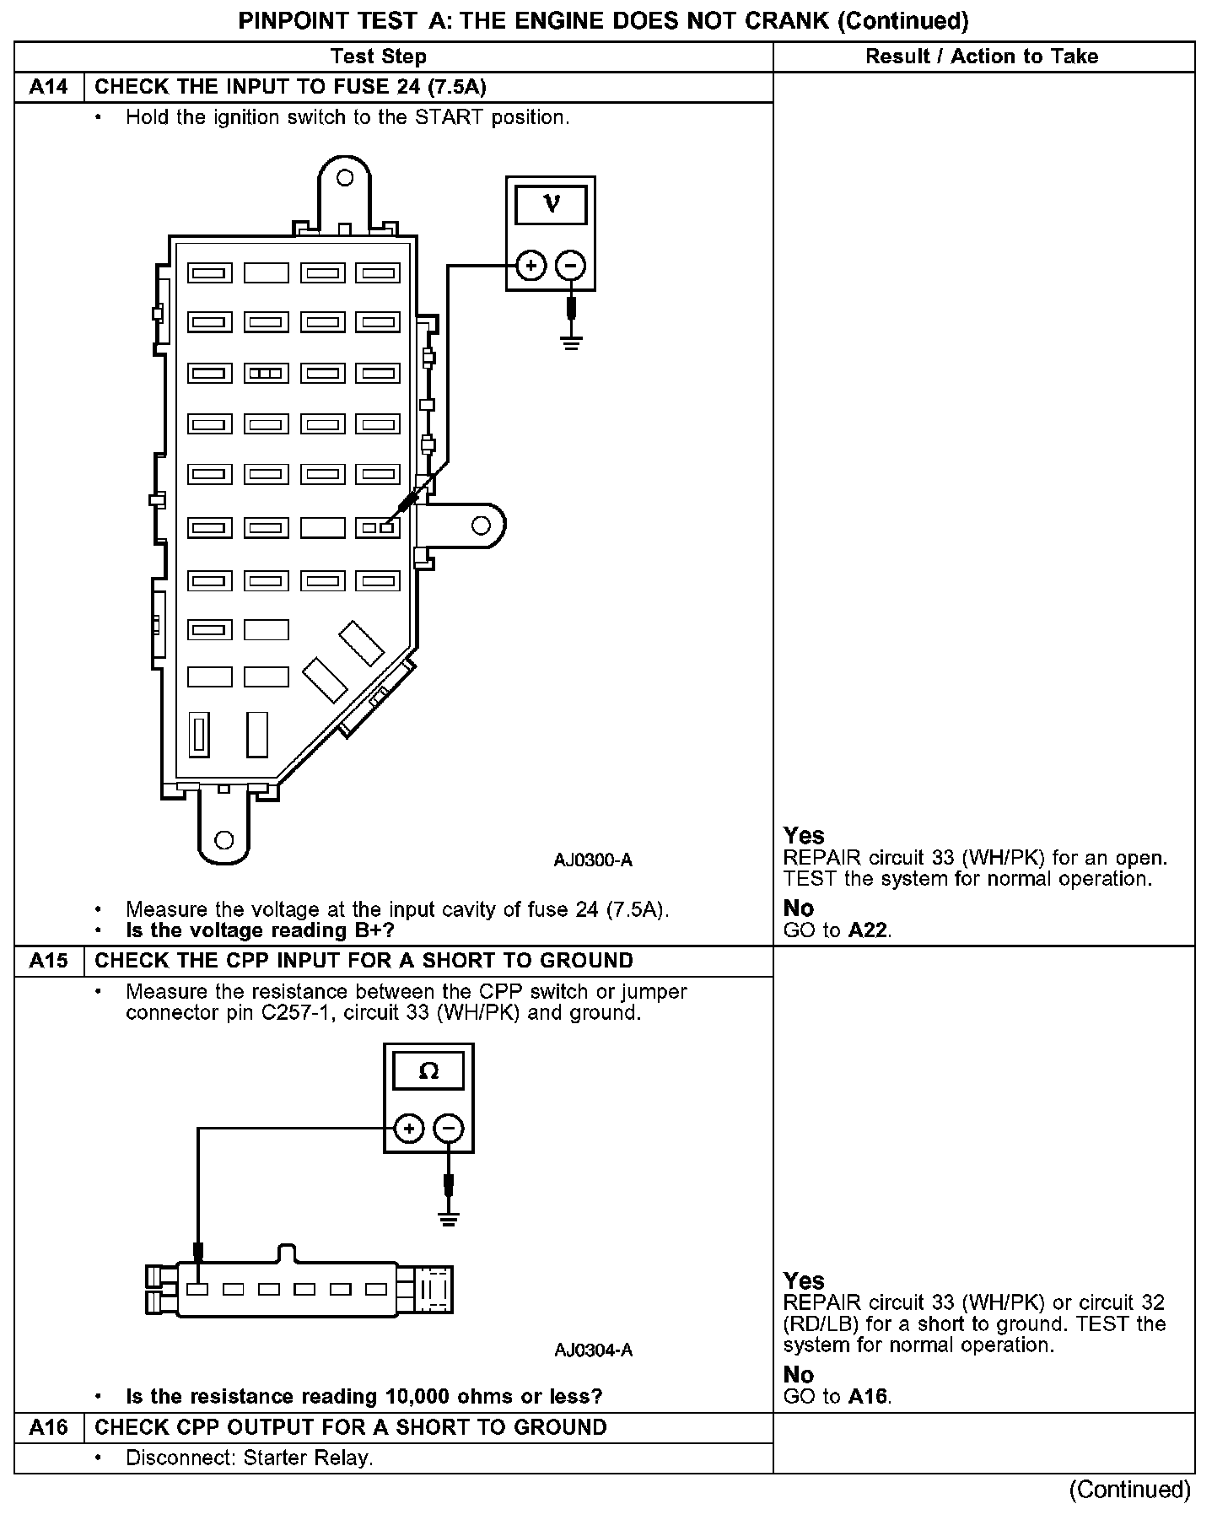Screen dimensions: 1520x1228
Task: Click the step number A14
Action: pos(49,87)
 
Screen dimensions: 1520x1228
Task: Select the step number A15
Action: pos(49,961)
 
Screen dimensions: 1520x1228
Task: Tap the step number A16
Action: pos(49,1427)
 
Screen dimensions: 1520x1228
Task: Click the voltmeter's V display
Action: pos(551,203)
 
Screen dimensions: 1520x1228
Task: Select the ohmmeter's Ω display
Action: pos(428,1071)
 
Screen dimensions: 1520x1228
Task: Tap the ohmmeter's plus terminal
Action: pos(408,1129)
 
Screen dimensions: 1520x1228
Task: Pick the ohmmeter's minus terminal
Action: pos(449,1129)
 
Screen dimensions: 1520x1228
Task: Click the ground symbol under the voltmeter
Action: pos(571,342)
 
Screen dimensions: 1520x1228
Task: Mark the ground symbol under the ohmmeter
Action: pos(449,1218)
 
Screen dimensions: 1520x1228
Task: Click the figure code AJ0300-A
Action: pos(593,860)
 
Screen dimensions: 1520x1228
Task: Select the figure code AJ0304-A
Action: pos(593,1350)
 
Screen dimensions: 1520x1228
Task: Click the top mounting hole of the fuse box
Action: pos(344,178)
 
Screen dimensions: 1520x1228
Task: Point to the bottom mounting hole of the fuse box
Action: pos(224,840)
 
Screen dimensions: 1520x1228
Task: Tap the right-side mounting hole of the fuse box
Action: pos(481,526)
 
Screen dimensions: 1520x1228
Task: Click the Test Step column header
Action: pos(379,57)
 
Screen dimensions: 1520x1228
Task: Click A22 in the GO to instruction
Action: pos(869,930)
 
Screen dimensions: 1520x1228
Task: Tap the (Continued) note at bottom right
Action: pos(1129,1490)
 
